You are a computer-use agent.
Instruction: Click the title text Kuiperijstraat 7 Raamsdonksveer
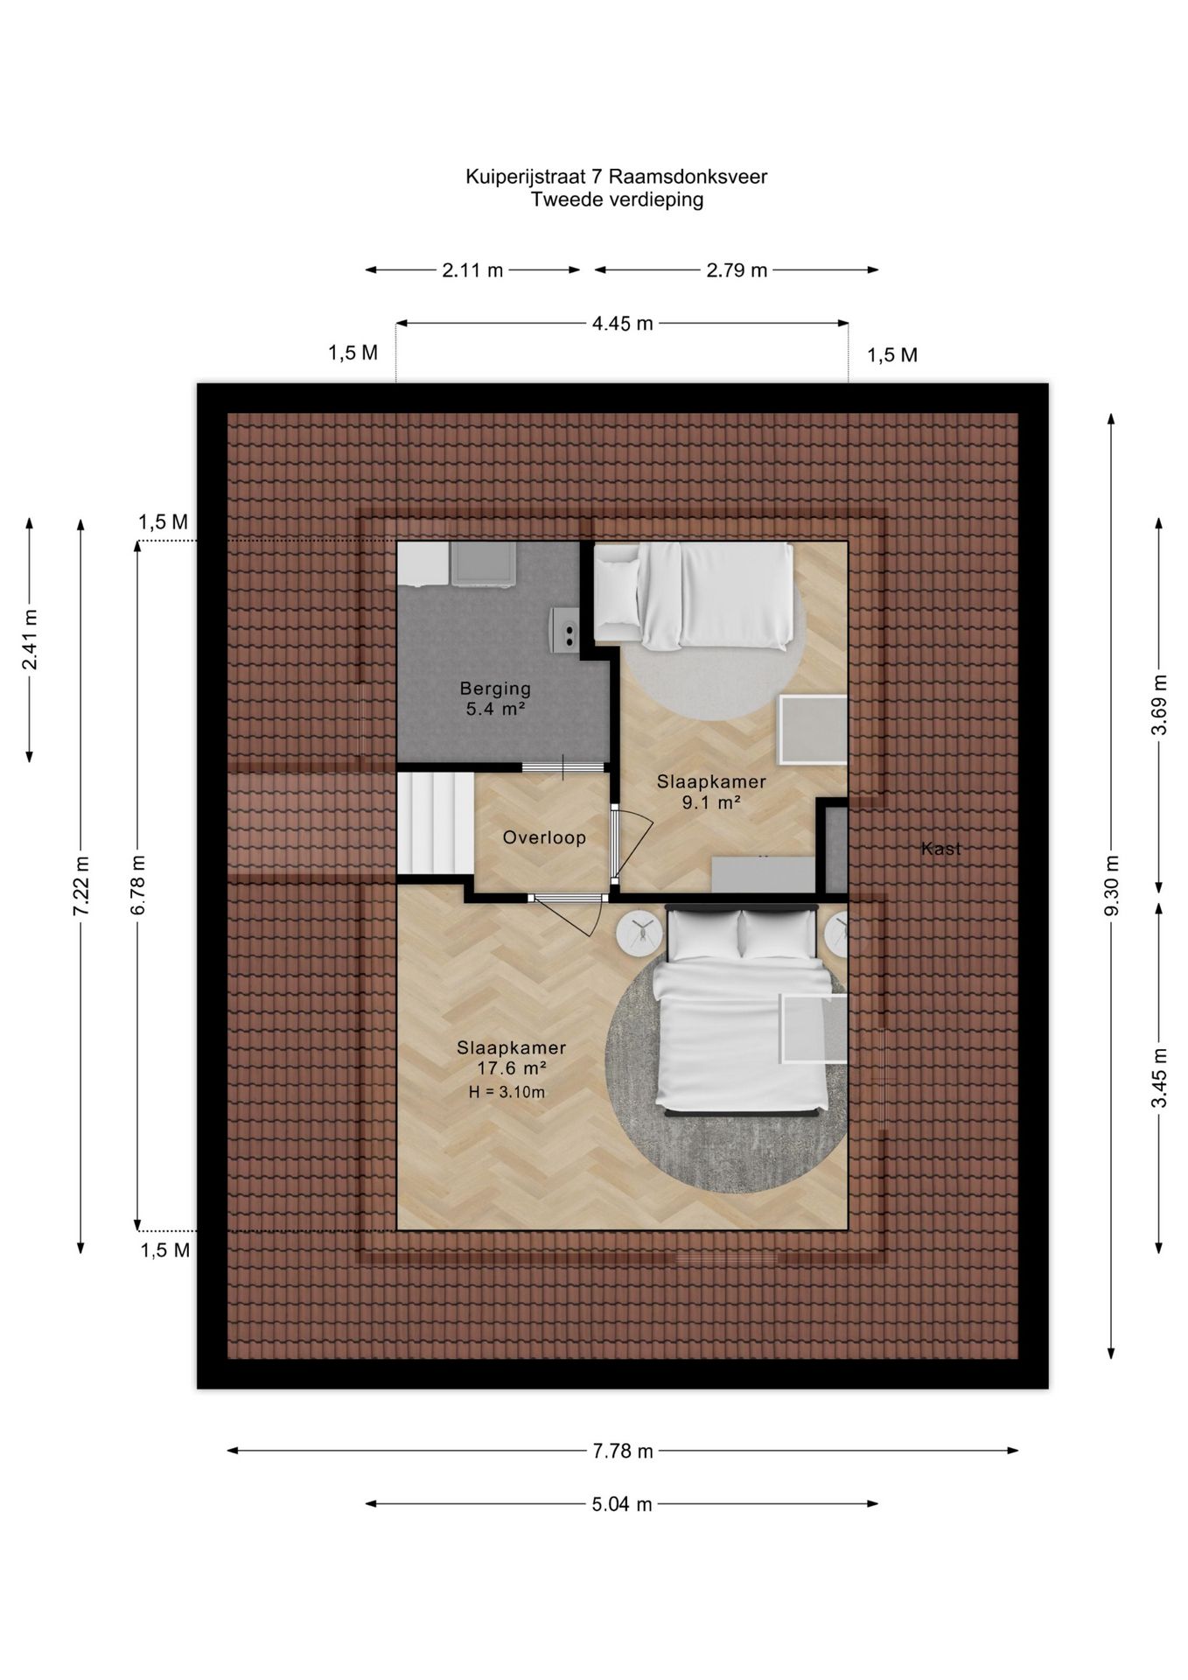616,177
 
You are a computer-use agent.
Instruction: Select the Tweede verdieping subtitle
617,199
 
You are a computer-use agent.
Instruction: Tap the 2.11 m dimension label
472,270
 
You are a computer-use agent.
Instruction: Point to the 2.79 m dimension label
737,270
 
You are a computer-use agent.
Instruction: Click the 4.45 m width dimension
622,324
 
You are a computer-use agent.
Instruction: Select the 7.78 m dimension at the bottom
623,1451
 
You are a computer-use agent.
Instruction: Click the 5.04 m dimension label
622,1504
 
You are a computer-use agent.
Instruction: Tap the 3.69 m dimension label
1159,705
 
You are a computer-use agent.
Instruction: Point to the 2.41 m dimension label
30,639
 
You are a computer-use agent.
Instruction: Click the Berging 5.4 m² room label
495,699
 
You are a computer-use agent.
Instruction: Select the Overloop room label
544,837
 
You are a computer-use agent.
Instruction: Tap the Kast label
940,848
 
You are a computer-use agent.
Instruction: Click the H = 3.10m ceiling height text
507,1092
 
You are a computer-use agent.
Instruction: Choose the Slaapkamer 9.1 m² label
711,792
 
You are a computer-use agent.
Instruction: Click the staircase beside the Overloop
436,822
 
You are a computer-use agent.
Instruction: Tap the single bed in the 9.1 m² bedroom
694,596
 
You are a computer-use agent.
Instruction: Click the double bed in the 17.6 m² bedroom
743,1010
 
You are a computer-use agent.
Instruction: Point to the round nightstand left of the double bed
640,932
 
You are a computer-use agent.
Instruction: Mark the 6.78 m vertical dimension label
138,885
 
